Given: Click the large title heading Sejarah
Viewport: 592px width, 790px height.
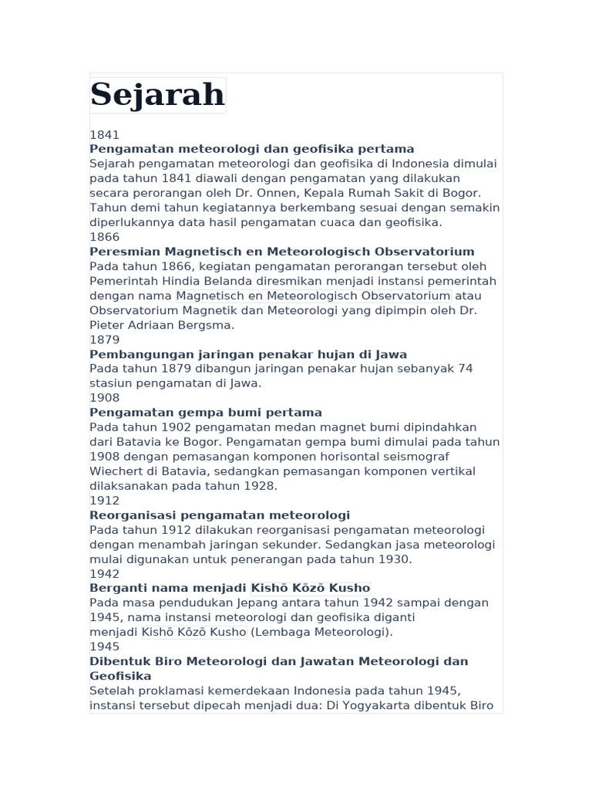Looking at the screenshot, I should point(157,95).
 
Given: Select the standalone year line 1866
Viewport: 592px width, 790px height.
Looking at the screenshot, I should point(105,237).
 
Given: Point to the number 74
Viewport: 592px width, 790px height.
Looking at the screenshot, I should point(465,368).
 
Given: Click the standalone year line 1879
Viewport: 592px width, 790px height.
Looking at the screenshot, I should point(105,339).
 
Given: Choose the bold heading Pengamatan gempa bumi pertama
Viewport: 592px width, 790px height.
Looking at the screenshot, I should point(206,413).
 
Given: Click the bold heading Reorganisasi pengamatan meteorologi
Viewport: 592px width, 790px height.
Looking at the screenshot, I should point(220,515).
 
